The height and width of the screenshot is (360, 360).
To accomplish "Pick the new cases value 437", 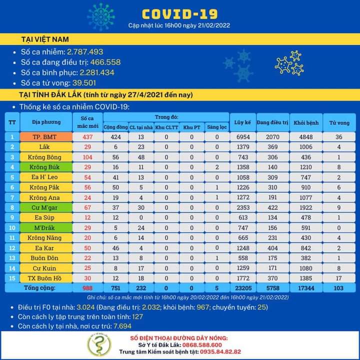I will click(88, 136).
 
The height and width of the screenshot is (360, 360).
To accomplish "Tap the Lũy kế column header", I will click(242, 122).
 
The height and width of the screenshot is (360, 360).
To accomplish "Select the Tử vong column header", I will click(339, 122).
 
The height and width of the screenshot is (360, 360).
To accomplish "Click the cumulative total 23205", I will click(242, 288).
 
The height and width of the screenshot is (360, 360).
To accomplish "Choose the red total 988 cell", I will click(88, 288).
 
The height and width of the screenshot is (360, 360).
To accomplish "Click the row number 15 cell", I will click(12, 278).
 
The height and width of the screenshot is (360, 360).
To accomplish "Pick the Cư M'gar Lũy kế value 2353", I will click(242, 207).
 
